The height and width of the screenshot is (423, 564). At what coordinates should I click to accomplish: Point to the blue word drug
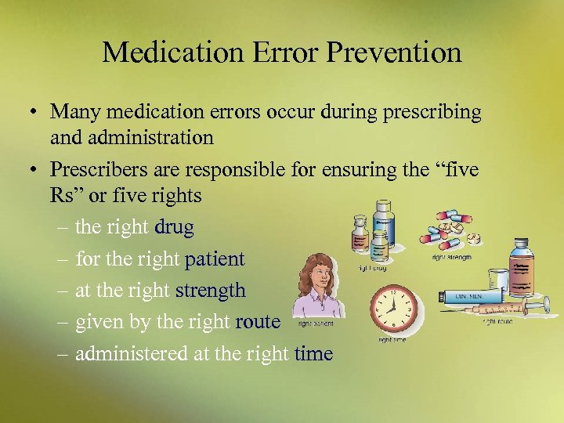click(175, 227)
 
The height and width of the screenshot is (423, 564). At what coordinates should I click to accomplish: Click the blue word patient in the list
click(215, 258)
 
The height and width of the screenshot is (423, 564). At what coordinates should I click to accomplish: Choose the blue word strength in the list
click(211, 291)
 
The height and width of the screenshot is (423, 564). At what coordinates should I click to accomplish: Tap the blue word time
click(314, 354)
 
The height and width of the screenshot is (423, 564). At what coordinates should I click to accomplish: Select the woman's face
click(316, 275)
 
